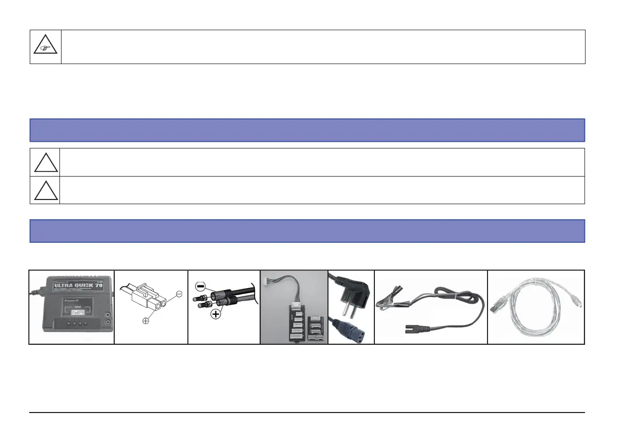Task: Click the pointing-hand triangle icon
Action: (45, 47)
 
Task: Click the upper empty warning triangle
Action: (45, 163)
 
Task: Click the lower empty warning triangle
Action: (45, 191)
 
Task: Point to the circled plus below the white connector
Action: (146, 321)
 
